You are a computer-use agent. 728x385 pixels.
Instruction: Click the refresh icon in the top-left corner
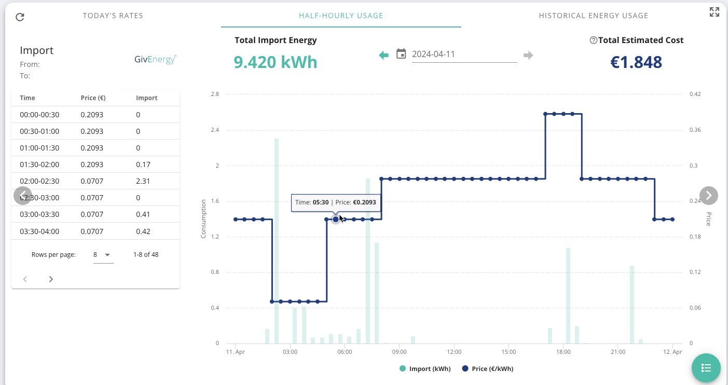(x=20, y=17)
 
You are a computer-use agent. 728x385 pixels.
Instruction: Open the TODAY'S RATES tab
(x=113, y=16)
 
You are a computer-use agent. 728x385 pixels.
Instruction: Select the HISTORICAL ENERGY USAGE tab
(x=594, y=16)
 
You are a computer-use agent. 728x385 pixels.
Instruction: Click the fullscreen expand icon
(x=715, y=12)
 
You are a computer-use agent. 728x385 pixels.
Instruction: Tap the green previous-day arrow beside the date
(x=384, y=55)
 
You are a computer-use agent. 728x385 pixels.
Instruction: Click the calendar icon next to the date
(x=401, y=53)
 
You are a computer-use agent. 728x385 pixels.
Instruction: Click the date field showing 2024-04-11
(x=464, y=54)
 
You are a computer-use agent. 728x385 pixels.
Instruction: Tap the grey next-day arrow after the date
(x=528, y=55)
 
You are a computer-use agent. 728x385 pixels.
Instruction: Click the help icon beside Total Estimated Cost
(x=594, y=40)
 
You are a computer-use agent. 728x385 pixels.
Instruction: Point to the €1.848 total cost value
(x=636, y=62)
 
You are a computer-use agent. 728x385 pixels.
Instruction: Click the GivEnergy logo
(x=155, y=59)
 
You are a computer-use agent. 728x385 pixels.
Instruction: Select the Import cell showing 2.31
(x=143, y=181)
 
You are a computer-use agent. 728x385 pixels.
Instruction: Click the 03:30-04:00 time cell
(x=39, y=231)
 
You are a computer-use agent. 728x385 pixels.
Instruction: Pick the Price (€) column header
(x=93, y=98)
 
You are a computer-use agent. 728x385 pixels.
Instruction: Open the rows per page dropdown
(x=103, y=255)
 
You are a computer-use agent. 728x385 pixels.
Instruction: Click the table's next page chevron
(x=51, y=279)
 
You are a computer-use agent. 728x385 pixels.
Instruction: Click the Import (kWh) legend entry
(x=425, y=369)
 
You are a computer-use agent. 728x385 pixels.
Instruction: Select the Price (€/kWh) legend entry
(x=488, y=369)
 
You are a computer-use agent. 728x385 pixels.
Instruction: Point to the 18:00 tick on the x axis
(x=563, y=352)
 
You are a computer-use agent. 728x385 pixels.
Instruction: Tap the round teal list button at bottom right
(x=706, y=368)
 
